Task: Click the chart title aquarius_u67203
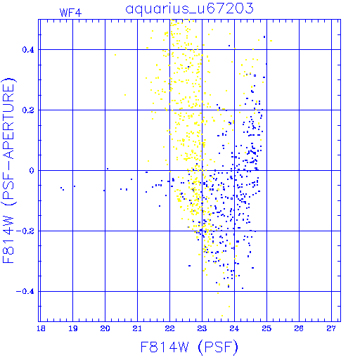[190, 9]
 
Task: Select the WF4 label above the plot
[70, 13]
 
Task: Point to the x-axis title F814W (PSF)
[189, 347]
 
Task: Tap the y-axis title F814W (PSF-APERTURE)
[8, 171]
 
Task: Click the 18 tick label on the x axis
[41, 328]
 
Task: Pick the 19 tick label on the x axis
[73, 328]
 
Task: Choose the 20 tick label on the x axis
[105, 328]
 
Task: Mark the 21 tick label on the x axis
[137, 328]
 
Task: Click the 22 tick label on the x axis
[169, 328]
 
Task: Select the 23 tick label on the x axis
[202, 328]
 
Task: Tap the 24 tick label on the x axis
[234, 328]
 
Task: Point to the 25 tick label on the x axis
[266, 328]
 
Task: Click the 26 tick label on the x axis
[299, 328]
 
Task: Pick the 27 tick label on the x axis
[331, 328]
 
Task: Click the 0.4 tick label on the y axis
[28, 50]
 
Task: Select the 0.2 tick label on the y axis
[28, 110]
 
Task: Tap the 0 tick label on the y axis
[32, 171]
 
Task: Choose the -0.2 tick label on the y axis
[25, 231]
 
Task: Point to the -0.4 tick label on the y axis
[25, 292]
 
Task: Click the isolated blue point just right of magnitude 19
[75, 186]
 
